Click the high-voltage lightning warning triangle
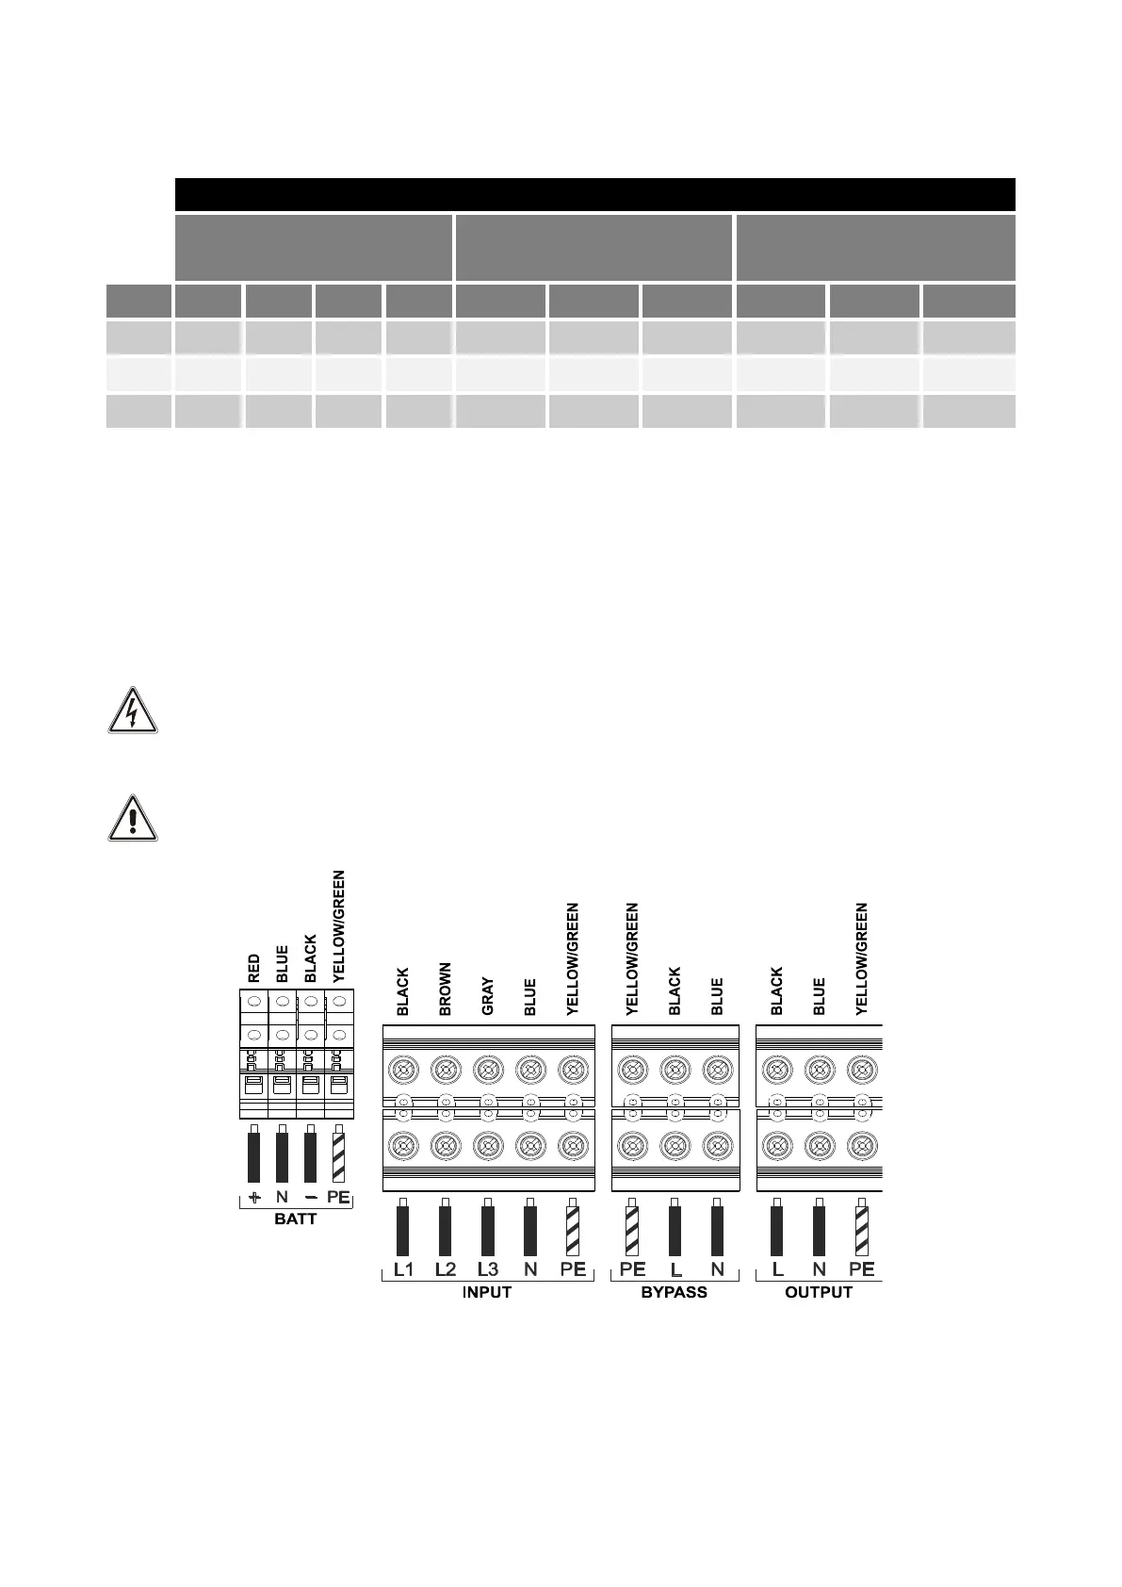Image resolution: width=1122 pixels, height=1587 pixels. click(x=133, y=712)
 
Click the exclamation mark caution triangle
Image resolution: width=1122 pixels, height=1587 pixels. click(x=133, y=817)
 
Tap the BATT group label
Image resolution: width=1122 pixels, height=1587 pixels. click(x=295, y=1219)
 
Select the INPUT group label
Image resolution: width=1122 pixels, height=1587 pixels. click(x=487, y=1292)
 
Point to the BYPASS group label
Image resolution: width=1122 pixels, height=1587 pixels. click(x=674, y=1292)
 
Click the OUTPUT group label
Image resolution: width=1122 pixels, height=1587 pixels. click(x=819, y=1292)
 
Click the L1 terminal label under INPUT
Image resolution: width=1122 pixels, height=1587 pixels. click(x=403, y=1268)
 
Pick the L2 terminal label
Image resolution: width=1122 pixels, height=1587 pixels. click(x=446, y=1268)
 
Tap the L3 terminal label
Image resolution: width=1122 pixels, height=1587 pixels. click(x=488, y=1268)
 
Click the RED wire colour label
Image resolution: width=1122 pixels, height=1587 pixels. click(x=254, y=969)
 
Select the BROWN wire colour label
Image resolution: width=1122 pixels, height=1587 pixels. click(x=446, y=989)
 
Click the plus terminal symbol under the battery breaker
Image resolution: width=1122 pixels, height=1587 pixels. click(x=253, y=1198)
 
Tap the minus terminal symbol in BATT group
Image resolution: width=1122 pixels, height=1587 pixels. click(x=310, y=1198)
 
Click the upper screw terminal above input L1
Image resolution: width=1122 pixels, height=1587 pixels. click(x=403, y=1070)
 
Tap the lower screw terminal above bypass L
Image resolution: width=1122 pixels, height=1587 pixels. click(x=675, y=1146)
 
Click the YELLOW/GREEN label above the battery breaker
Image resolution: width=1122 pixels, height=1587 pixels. click(x=339, y=926)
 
